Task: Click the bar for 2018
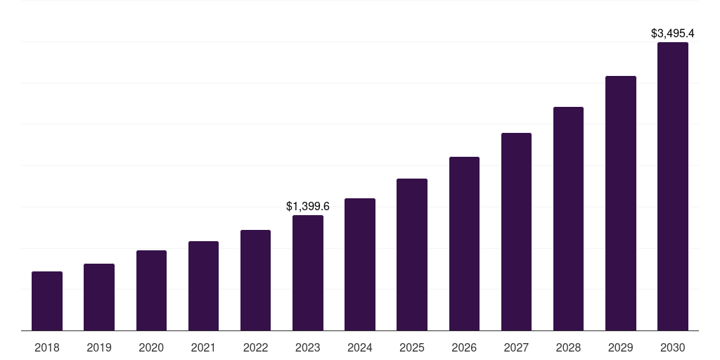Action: [47, 301]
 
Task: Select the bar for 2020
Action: [151, 290]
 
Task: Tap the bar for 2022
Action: [255, 280]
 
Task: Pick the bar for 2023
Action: [308, 273]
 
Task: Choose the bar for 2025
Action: [412, 255]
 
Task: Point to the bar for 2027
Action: [516, 231]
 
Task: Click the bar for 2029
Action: [620, 203]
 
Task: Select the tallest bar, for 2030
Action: [673, 186]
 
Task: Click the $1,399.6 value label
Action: [308, 206]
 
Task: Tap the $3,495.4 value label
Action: [673, 33]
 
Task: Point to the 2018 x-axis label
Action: [47, 347]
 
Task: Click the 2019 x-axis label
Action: [99, 347]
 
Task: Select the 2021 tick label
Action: [203, 347]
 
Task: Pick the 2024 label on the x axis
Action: [360, 347]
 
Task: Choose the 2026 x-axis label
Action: [464, 347]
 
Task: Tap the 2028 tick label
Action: [568, 347]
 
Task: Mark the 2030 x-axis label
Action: [673, 347]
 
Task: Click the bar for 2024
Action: [360, 264]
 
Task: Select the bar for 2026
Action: [464, 243]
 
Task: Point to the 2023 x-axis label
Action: [308, 347]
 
